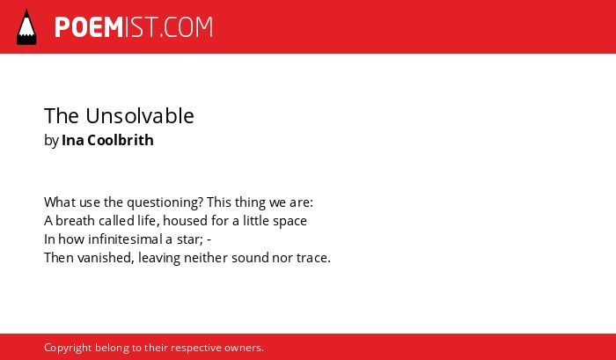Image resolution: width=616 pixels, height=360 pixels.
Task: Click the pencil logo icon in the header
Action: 26,27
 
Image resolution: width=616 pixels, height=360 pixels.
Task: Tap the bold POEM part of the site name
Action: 89,27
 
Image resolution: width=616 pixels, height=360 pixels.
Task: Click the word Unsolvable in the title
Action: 140,116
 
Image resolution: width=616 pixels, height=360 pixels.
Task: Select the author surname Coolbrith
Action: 121,140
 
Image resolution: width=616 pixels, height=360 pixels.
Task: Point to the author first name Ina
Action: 73,140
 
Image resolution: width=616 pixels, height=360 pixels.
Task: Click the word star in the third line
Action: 189,239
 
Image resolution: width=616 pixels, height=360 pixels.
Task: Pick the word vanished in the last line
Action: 106,258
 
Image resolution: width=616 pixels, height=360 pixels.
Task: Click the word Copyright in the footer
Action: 68,348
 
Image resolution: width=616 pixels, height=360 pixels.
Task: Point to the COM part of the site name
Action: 188,27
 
